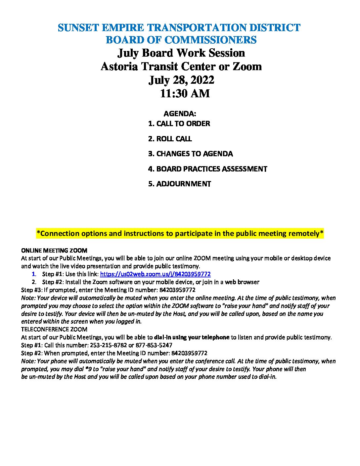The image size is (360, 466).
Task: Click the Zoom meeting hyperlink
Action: point(155,274)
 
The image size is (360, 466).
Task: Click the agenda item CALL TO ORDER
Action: point(179,124)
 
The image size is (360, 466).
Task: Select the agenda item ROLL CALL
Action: point(170,139)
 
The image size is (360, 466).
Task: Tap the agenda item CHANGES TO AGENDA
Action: point(190,154)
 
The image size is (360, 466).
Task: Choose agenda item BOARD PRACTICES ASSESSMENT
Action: point(207,169)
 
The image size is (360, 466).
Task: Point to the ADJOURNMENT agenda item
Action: point(179,184)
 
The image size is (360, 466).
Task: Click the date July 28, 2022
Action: point(181,80)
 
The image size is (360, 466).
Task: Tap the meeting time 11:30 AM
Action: point(185,94)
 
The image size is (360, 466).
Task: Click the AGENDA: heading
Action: point(180,114)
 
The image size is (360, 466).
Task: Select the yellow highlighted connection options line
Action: point(180,234)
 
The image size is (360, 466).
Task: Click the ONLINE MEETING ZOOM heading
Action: point(54,251)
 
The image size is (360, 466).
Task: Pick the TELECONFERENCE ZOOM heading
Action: point(54,329)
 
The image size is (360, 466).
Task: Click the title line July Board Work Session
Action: point(181,53)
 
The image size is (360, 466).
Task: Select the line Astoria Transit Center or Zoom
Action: point(181,67)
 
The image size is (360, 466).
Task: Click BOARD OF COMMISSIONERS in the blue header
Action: point(181,40)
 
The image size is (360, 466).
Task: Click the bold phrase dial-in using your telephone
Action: point(192,337)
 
